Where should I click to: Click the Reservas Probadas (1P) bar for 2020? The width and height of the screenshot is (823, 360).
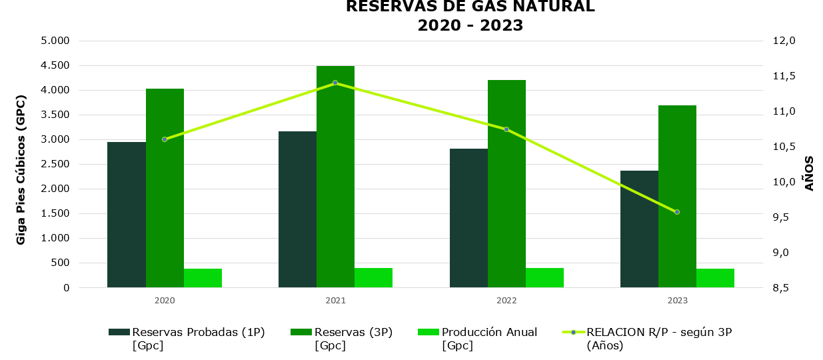(127, 215)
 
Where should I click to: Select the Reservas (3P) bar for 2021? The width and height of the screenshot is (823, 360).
(335, 177)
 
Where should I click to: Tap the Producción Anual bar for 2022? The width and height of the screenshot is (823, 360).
(544, 277)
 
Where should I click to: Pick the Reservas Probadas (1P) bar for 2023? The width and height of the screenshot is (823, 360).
(639, 229)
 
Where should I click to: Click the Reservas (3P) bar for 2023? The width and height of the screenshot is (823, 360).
(677, 197)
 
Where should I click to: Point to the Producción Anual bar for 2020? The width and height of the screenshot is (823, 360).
(203, 278)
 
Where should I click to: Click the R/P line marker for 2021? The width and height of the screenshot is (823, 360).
(335, 83)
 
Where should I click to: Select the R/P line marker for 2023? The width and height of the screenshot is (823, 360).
(677, 212)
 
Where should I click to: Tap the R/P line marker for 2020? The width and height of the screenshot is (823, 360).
(165, 139)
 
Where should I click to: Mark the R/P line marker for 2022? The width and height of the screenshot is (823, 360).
(506, 129)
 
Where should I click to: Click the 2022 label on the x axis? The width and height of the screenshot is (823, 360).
(506, 301)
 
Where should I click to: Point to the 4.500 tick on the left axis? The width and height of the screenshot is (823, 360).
(55, 65)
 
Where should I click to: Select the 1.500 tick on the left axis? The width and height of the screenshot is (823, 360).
(55, 213)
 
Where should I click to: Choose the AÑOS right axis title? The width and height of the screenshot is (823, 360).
(810, 173)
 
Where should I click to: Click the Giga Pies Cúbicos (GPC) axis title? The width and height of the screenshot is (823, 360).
(21, 170)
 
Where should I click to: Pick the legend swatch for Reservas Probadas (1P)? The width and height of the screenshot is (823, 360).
(119, 332)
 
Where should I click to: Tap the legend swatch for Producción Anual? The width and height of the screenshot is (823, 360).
(428, 332)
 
